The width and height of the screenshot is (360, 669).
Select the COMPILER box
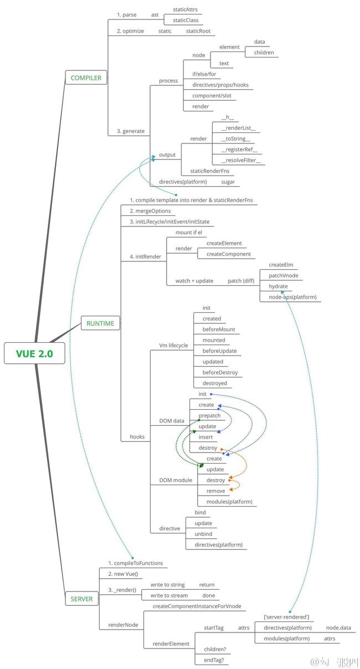[x=86, y=78]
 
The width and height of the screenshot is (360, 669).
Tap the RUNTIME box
[x=100, y=323]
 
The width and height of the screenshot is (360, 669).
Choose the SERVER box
[x=81, y=599]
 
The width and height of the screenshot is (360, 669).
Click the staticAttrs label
[x=185, y=9]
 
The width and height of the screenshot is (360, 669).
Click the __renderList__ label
[x=238, y=128]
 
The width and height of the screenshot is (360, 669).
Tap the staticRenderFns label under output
[x=209, y=171]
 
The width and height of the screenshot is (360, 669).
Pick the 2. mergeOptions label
[x=151, y=211]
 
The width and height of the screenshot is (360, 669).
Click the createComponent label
[x=228, y=254]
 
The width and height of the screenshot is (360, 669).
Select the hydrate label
[x=278, y=286]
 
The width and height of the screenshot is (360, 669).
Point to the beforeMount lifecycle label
[x=218, y=330]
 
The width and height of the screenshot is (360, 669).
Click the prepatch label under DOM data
[x=209, y=415]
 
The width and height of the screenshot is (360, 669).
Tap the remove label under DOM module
[x=215, y=491]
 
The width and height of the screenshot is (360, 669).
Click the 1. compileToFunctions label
[x=136, y=563]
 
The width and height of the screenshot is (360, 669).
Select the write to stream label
[x=169, y=595]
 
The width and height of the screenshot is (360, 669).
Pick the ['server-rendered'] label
[x=286, y=617]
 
